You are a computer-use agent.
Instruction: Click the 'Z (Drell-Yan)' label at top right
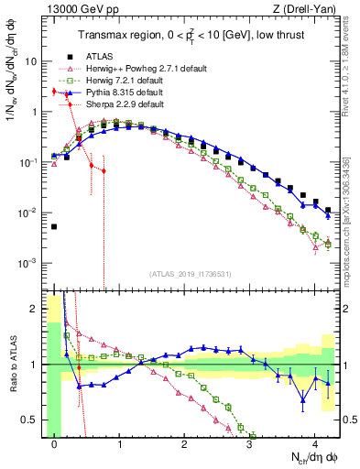[307, 10]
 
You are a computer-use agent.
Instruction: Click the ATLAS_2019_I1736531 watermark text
[190, 275]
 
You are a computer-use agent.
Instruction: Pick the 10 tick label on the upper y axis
[35, 61]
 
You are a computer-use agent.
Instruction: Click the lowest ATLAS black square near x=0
[54, 226]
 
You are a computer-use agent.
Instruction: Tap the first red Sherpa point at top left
[54, 92]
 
